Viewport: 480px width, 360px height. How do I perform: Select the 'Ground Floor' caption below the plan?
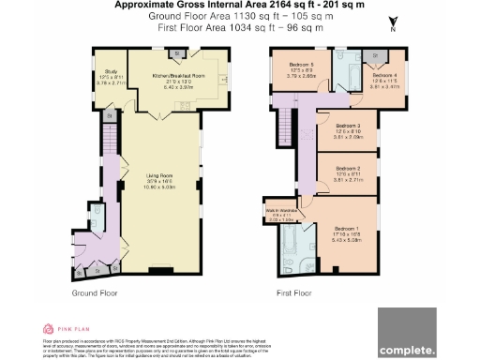pyautogui.click(x=95, y=293)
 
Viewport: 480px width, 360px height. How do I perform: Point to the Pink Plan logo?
pyautogui.click(x=63, y=329)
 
